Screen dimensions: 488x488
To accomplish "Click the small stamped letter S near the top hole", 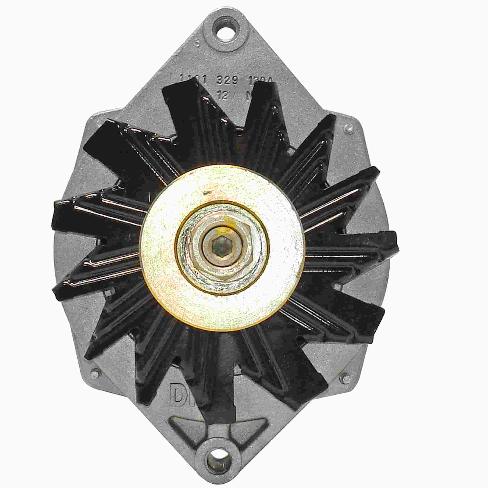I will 198,45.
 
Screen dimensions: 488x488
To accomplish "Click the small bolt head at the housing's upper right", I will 350,128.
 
